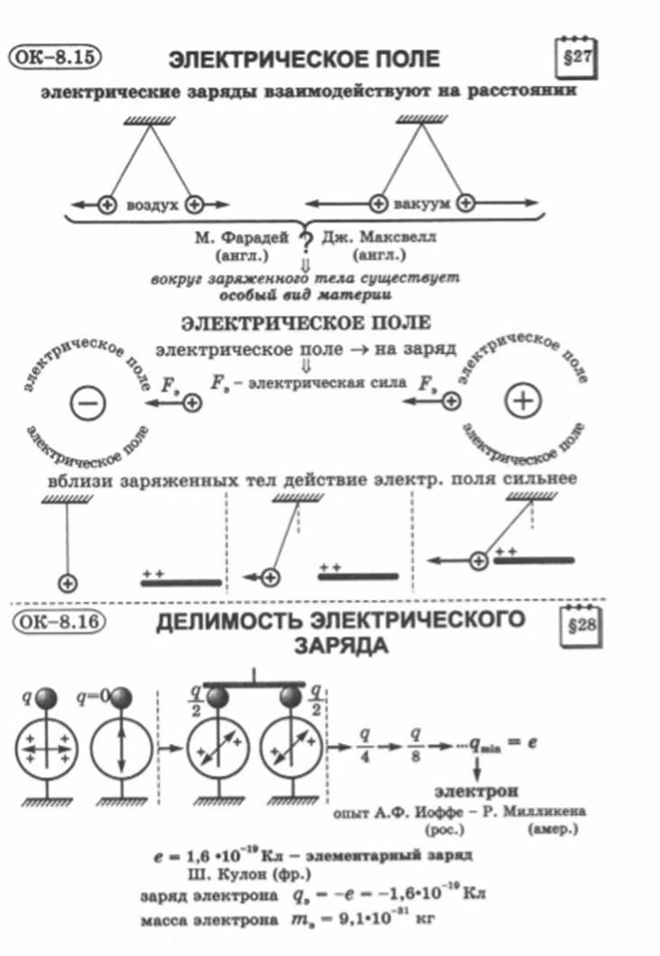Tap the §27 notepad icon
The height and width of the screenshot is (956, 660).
pos(575,58)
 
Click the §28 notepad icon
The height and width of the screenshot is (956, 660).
pos(582,626)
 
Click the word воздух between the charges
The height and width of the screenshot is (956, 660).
pos(151,205)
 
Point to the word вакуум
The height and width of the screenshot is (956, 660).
pos(422,204)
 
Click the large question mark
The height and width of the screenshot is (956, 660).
pos(306,244)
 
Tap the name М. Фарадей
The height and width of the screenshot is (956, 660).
pos(242,237)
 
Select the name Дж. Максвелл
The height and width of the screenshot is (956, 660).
pos(379,236)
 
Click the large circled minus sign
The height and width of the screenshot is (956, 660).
pos(87,402)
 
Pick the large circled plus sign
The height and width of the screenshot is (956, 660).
pos(523,400)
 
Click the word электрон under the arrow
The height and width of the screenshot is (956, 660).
pos(477,791)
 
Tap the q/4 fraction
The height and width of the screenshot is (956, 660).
pos(364,744)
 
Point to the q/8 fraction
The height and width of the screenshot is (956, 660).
pos(416,744)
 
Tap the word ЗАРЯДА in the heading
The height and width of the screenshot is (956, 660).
pos(342,645)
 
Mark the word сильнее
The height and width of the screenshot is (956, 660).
pos(540,479)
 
